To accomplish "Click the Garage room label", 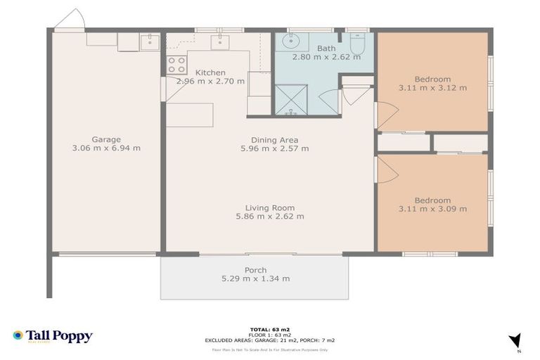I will [x=105, y=139].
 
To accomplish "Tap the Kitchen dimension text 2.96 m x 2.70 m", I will [x=210, y=82].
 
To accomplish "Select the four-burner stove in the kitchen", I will [x=176, y=65].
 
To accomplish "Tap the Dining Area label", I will [x=274, y=139].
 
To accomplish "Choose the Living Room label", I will [x=270, y=207].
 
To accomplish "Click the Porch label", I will [x=255, y=270].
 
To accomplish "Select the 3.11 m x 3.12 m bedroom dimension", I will [x=432, y=89].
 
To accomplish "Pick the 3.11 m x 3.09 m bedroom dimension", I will [x=432, y=209].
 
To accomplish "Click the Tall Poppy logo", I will [x=53, y=336].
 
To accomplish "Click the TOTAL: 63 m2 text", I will [x=270, y=329].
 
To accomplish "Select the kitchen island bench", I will [x=189, y=115].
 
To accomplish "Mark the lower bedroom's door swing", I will [x=387, y=169].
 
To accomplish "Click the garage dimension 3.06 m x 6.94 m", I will [x=105, y=148].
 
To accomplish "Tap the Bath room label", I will [x=326, y=49].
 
